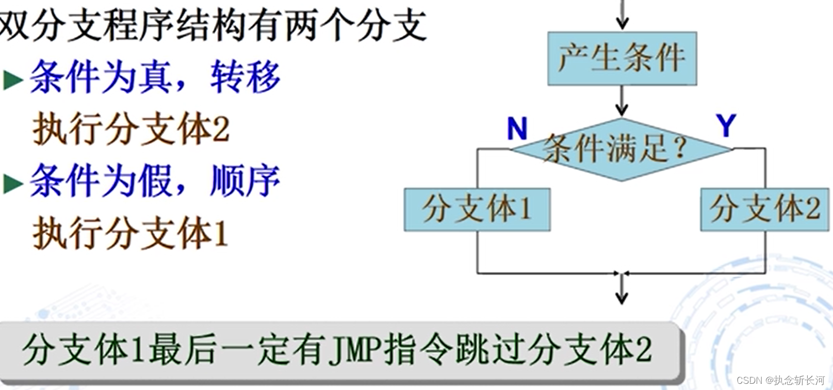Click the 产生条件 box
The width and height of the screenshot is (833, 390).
[622, 58]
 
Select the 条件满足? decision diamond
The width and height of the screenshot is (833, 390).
[622, 150]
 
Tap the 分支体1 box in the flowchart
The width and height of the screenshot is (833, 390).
[477, 209]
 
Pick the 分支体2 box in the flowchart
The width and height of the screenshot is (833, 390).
[765, 209]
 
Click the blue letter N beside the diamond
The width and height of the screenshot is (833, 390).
[517, 128]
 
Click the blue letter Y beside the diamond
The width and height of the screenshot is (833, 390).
[726, 125]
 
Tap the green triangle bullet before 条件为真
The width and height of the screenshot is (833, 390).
[13, 80]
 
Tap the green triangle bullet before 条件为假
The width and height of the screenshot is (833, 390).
[13, 183]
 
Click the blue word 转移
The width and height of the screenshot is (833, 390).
[245, 77]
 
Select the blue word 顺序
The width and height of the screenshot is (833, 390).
[245, 181]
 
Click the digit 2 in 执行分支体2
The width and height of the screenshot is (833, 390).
[221, 130]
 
